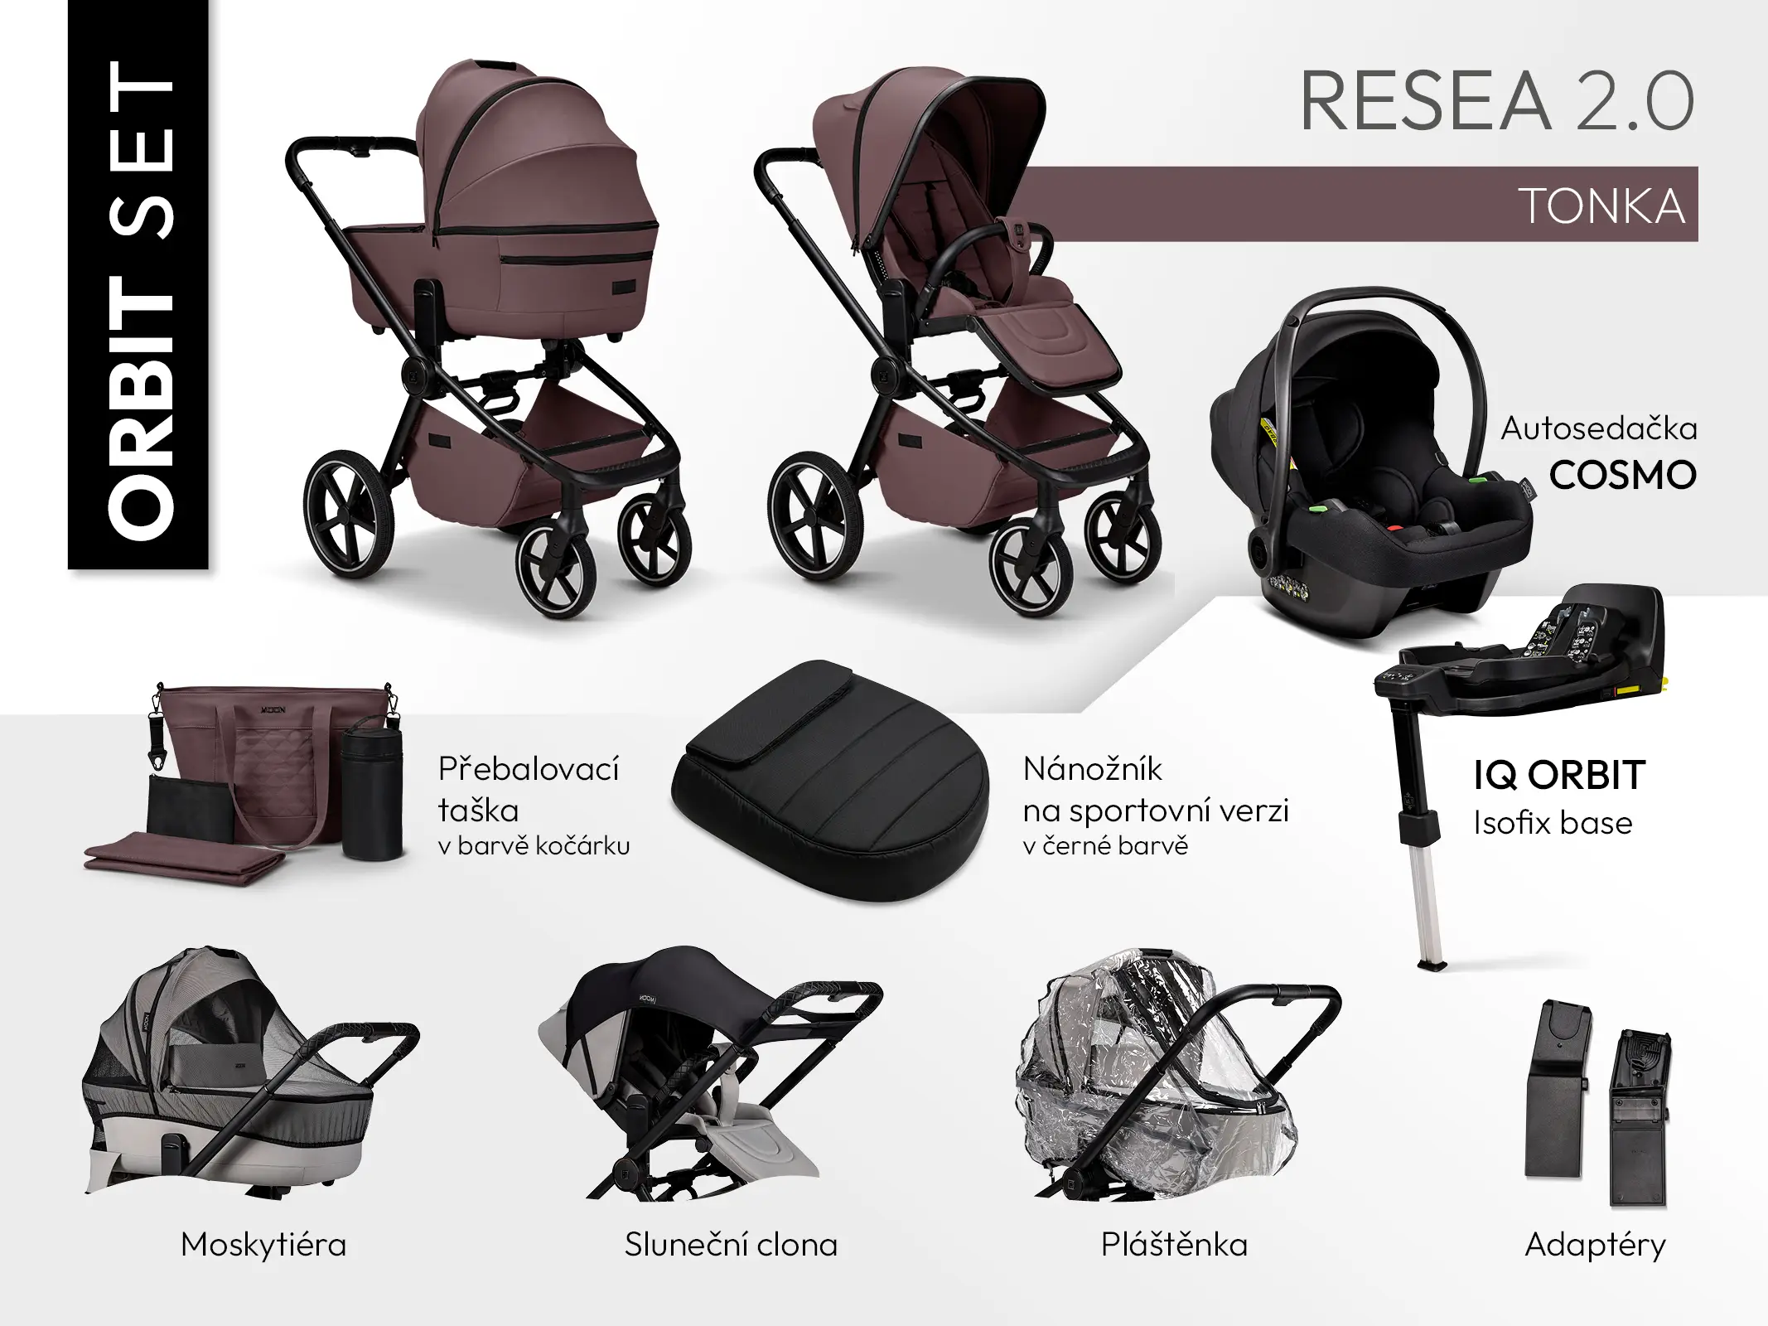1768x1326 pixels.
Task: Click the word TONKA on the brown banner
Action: [x=1602, y=206]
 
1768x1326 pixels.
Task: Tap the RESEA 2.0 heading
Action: [x=1497, y=102]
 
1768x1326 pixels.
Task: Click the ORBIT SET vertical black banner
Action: [x=138, y=284]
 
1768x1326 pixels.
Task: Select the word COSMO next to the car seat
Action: [x=1623, y=475]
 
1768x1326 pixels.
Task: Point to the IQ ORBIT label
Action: [x=1559, y=776]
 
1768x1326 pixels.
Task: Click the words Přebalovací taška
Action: [x=529, y=789]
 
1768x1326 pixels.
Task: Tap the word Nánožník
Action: [x=1093, y=769]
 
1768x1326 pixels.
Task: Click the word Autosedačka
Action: [x=1599, y=428]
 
